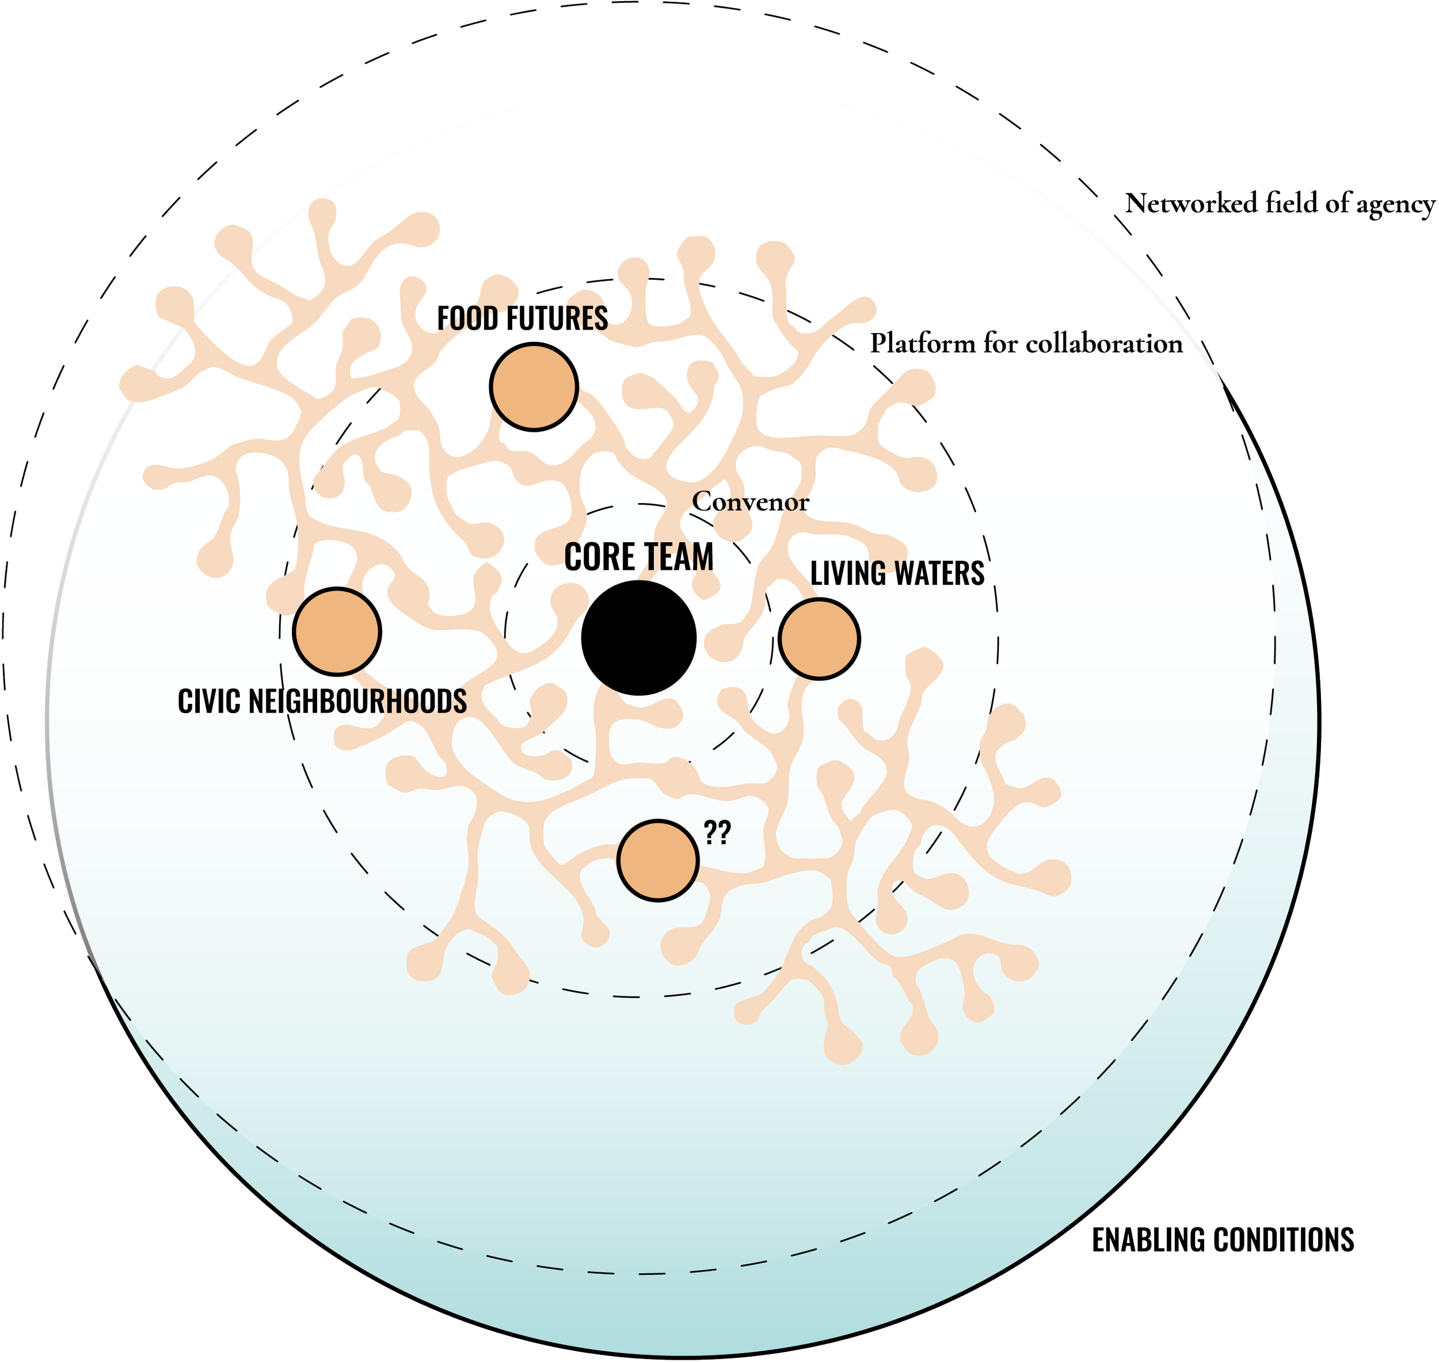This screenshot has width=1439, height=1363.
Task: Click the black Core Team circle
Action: coord(638,637)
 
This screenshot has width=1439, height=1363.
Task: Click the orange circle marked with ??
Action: coord(658,861)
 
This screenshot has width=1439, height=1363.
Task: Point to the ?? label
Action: coord(717,834)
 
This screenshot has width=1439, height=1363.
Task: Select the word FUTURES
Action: coord(552,319)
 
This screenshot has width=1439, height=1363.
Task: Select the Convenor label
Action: coord(751,501)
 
